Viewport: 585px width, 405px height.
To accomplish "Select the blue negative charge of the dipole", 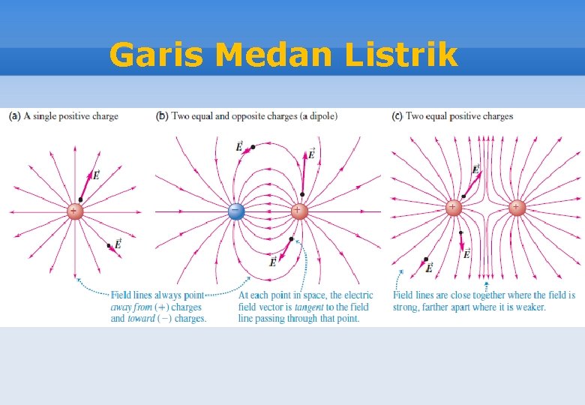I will [236, 212].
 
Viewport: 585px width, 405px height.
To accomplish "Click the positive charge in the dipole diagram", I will [298, 211].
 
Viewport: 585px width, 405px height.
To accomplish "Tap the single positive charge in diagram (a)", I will [74, 211].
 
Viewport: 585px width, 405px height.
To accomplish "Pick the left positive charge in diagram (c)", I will [453, 207].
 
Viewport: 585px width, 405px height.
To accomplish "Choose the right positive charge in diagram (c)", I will [516, 207].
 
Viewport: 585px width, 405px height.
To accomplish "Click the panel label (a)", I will [15, 116].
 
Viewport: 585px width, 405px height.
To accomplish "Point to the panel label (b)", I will [161, 116].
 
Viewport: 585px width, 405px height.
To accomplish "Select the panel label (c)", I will [397, 116].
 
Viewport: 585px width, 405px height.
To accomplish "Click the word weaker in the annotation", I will [529, 307].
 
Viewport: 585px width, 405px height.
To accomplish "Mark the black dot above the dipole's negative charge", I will [254, 147].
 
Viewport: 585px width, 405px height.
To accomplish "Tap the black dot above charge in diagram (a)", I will [81, 199].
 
